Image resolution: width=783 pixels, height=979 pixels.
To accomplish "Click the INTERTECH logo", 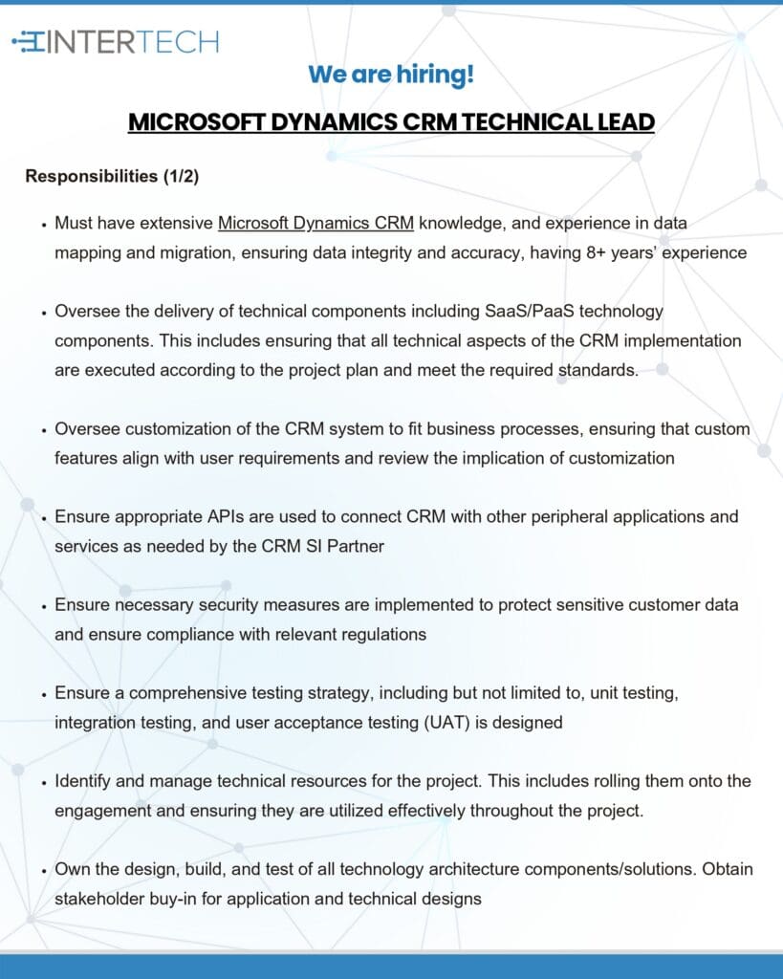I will tap(115, 41).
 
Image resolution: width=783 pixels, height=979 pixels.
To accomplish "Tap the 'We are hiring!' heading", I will tap(391, 75).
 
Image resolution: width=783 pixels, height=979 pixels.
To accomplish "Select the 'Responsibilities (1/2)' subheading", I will tap(112, 176).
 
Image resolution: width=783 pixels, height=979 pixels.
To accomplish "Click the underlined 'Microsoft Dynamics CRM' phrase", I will tap(315, 224).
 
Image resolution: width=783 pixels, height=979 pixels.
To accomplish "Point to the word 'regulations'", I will tap(381, 634).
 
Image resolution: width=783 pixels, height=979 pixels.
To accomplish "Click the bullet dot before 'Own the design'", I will tap(44, 870).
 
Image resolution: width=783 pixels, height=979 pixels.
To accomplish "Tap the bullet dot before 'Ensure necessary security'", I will tap(44, 605).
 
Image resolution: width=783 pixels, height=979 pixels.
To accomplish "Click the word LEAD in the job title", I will tap(626, 122).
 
